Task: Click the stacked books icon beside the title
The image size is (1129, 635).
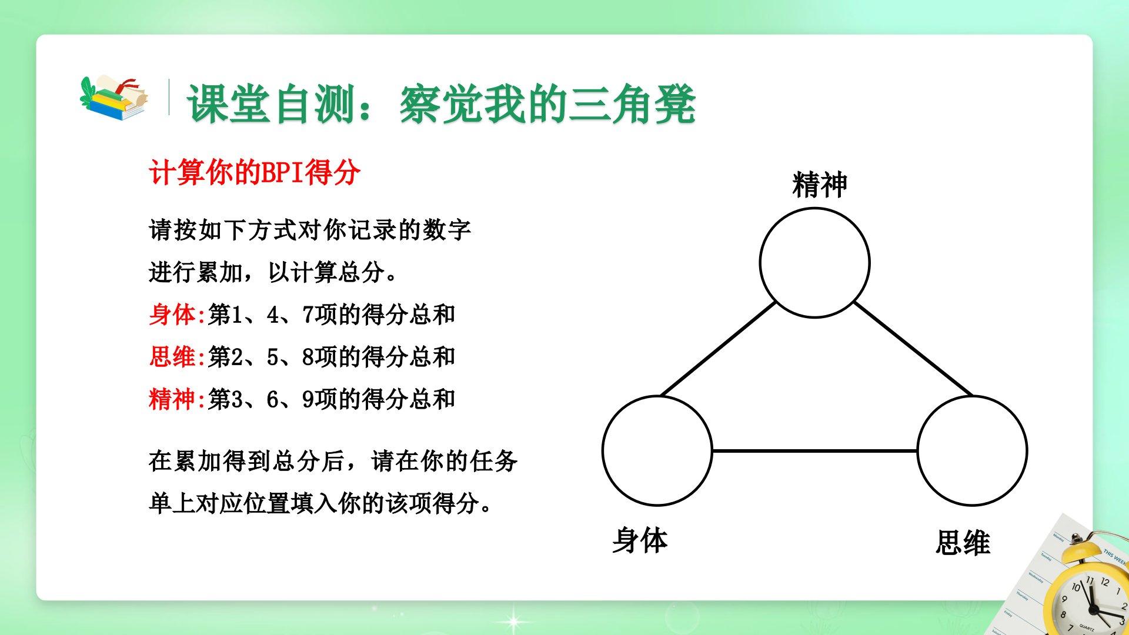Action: (x=114, y=98)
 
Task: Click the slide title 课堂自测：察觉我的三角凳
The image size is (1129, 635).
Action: (x=442, y=105)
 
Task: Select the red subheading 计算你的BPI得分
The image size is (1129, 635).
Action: (x=255, y=173)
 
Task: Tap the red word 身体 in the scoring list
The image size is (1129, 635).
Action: (x=172, y=315)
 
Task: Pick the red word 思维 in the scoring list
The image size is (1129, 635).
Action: (x=172, y=357)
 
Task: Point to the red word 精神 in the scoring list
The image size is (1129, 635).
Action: (x=172, y=399)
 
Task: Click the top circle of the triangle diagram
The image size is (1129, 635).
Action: (x=814, y=208)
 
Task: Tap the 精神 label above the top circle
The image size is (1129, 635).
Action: (x=820, y=185)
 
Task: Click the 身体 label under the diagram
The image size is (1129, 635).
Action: (x=640, y=540)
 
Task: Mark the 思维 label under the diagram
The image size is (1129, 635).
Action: (x=963, y=542)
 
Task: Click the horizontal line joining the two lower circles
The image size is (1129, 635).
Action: (x=814, y=451)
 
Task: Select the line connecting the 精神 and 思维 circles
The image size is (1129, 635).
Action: (x=912, y=349)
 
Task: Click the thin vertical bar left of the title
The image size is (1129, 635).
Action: (x=169, y=97)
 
